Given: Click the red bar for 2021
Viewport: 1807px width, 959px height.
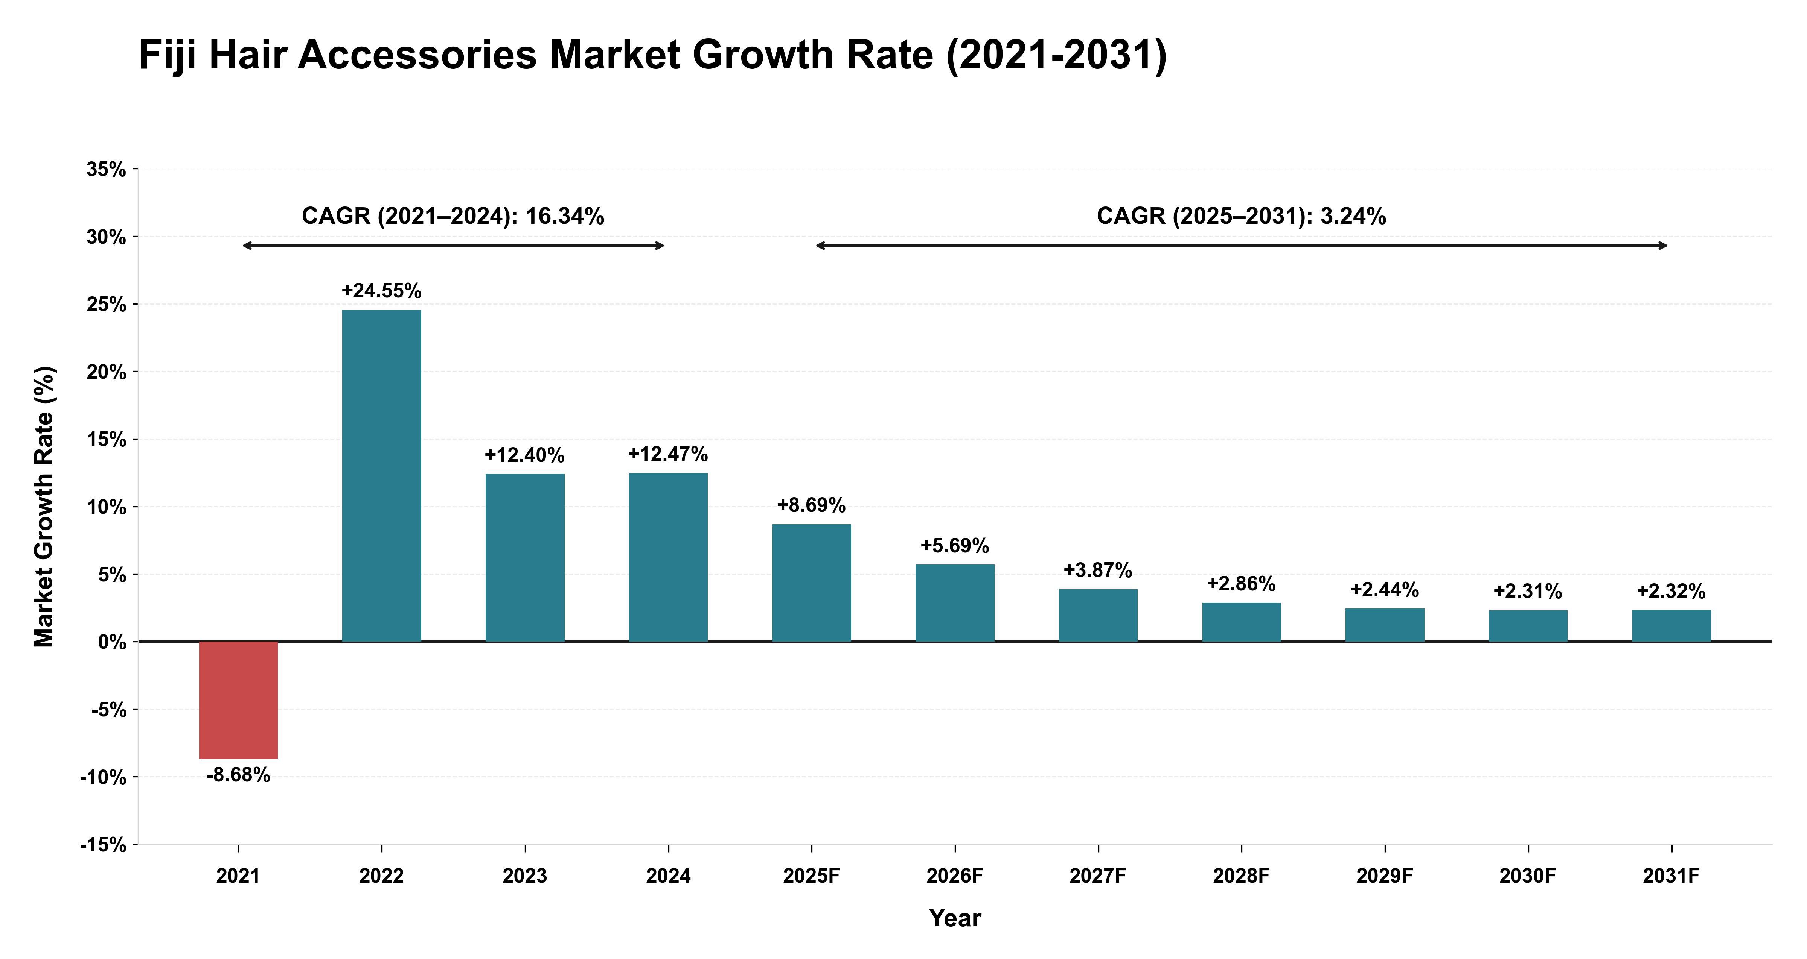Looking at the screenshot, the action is coord(239,700).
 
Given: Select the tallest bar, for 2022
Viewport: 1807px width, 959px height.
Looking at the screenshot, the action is coord(382,475).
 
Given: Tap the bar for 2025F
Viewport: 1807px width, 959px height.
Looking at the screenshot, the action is coord(812,583).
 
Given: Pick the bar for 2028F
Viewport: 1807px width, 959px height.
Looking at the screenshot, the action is coord(1242,622).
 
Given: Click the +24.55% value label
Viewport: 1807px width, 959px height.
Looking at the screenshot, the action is coord(382,291).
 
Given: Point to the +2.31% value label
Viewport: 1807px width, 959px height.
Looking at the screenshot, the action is coord(1528,592).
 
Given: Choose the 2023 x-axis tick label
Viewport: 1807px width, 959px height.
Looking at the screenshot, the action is coord(525,876).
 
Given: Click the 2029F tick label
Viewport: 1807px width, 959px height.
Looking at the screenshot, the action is coord(1385,876).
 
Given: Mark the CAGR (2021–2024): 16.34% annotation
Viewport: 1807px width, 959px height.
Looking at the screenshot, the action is coord(453,216).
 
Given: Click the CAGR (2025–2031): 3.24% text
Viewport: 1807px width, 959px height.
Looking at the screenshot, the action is coord(1242,216).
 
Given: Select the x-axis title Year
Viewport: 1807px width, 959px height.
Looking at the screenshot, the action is coord(955,918).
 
